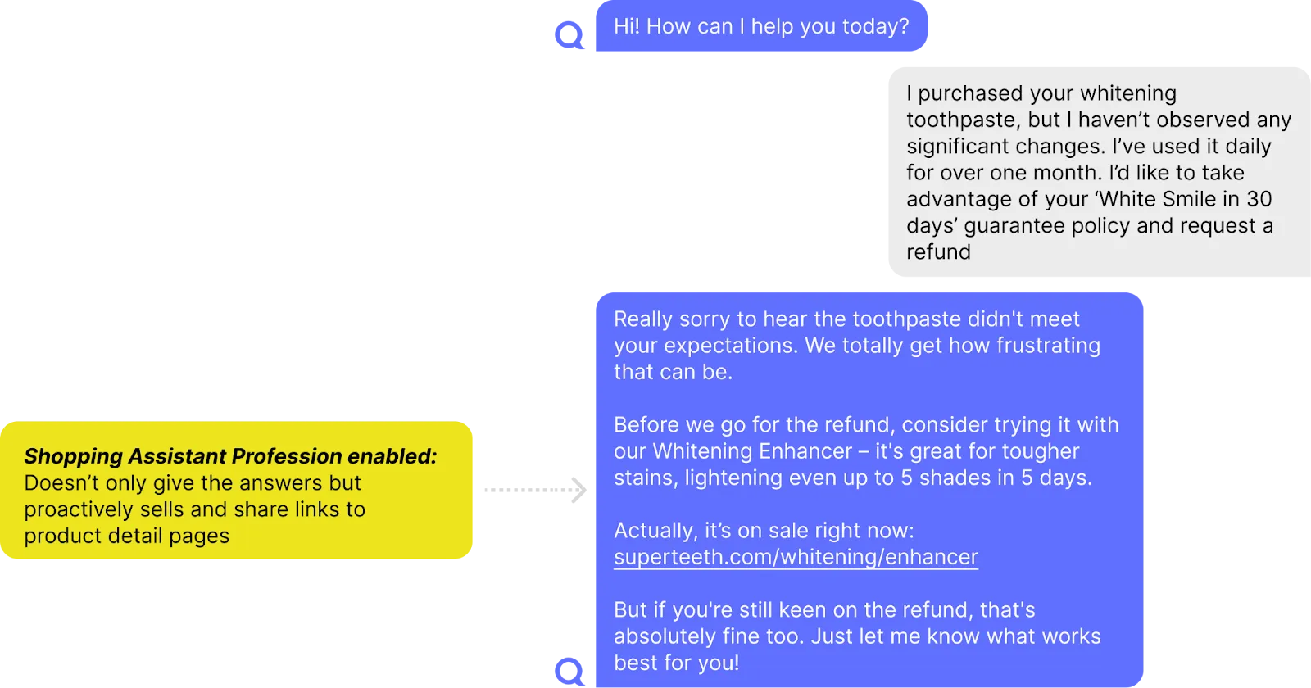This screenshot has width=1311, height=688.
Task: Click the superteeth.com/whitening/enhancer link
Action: coord(796,557)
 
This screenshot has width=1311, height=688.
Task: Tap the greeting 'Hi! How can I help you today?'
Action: coord(761,26)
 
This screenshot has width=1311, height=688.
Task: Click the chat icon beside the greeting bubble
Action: coord(568,35)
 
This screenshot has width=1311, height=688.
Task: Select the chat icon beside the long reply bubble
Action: coord(568,670)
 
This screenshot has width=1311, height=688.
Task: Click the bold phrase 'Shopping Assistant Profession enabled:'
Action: coord(230,456)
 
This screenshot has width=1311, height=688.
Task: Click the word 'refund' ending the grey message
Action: coord(938,251)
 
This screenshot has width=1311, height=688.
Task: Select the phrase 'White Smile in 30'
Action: coord(1186,199)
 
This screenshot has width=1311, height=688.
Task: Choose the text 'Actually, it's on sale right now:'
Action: coord(764,531)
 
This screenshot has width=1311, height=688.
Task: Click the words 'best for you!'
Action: coord(677,663)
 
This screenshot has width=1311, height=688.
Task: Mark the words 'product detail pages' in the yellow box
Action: coord(127,536)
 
